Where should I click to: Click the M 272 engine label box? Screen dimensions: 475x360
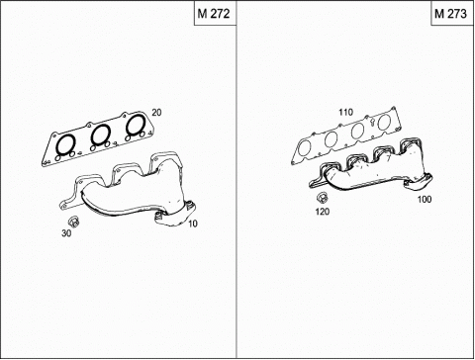click(215, 13)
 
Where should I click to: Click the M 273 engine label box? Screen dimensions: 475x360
click(452, 13)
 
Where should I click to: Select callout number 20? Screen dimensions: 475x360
click(156, 113)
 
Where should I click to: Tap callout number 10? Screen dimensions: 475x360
click(193, 224)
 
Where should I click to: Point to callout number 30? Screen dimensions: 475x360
click(66, 233)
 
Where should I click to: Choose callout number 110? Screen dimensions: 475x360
click(345, 112)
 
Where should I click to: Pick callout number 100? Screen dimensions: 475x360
click(425, 199)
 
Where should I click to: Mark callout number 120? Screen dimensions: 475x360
click(323, 212)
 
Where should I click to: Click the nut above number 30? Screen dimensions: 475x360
click(74, 222)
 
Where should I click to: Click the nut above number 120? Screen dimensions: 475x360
click(322, 198)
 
